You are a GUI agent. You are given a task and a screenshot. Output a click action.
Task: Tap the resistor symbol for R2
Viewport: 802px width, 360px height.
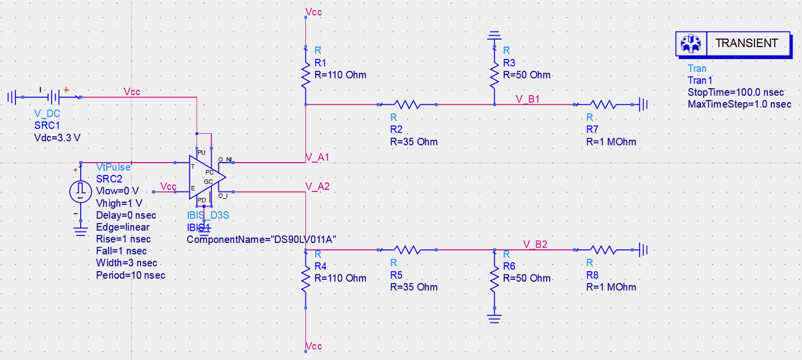408,105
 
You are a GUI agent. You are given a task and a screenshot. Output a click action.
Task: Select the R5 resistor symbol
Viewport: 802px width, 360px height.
408,249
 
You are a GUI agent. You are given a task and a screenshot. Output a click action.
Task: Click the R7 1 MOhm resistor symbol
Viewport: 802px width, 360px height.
603,105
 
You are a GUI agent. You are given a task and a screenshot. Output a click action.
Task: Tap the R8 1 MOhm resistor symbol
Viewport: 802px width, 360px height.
603,249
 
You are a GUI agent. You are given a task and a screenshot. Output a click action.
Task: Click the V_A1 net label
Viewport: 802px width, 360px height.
317,157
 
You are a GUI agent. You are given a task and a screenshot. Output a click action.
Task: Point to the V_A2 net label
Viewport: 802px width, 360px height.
317,186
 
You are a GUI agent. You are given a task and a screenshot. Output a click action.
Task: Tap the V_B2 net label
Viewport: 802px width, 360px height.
535,244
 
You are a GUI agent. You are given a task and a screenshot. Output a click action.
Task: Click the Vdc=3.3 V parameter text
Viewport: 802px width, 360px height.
57,137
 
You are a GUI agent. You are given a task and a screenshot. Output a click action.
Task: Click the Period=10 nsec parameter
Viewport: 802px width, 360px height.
130,275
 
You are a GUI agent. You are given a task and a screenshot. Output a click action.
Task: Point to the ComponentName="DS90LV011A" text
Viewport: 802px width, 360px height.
261,240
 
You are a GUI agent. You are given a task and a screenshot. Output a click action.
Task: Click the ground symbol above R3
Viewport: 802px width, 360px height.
494,37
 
